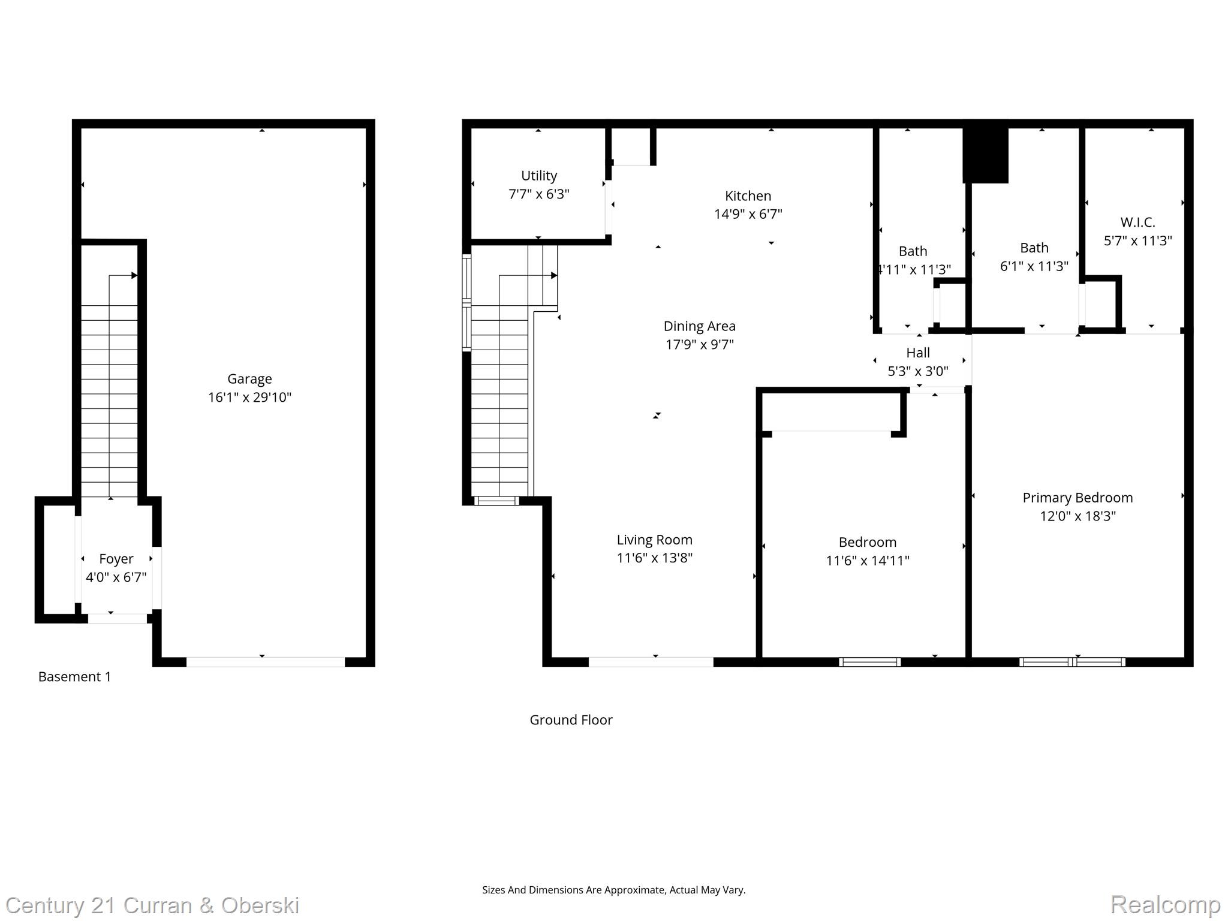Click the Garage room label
click(x=249, y=379)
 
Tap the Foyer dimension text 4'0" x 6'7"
click(x=116, y=577)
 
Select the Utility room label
click(x=538, y=176)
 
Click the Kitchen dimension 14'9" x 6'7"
click(x=748, y=214)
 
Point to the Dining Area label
click(x=699, y=326)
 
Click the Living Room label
click(x=654, y=540)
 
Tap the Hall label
click(x=917, y=353)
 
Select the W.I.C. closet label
click(x=1137, y=222)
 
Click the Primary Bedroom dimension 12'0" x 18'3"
click(x=1077, y=516)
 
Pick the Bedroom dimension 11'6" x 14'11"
click(x=867, y=561)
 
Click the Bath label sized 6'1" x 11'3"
click(x=1034, y=248)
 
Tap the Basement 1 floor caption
click(x=74, y=676)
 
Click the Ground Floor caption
click(x=571, y=720)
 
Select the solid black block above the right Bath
click(x=985, y=155)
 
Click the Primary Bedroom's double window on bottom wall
click(x=1072, y=662)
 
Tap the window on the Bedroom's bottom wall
click(x=869, y=662)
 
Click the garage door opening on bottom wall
click(x=266, y=662)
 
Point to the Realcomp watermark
click(x=1165, y=904)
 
